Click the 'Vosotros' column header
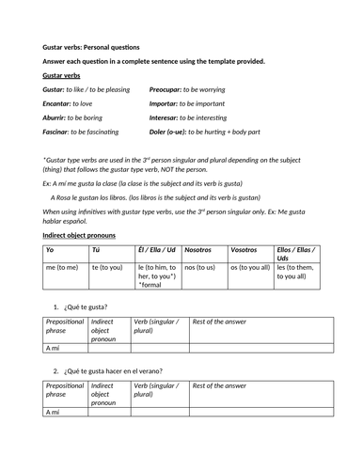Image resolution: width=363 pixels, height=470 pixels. click(245, 251)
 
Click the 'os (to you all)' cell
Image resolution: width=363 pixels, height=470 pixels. click(250, 268)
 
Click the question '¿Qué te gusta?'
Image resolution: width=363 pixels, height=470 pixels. click(87, 308)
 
